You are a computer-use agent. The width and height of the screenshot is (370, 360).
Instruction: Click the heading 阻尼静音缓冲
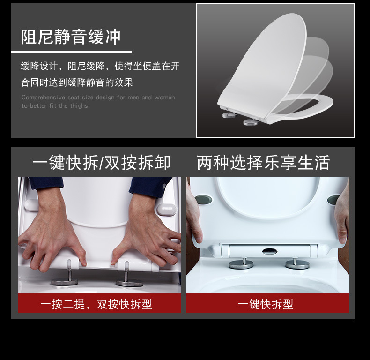tap(71, 37)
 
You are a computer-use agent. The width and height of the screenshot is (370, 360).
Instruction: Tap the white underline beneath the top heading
tap(71, 52)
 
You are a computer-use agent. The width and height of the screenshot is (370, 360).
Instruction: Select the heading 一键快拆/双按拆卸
tap(101, 163)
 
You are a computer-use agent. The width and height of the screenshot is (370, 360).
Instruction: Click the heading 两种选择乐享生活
tap(263, 163)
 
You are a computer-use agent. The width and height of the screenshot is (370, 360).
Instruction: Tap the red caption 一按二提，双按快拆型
tap(96, 304)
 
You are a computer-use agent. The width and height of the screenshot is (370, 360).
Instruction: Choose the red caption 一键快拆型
tap(265, 304)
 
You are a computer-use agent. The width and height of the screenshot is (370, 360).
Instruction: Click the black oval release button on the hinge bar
tap(269, 251)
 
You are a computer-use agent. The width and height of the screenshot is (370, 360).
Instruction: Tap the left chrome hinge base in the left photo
tap(64, 282)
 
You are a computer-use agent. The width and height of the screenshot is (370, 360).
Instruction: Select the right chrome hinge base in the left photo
tap(129, 283)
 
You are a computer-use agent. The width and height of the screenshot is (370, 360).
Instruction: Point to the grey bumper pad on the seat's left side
tap(203, 200)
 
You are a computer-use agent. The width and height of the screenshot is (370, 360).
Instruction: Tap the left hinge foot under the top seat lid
tap(229, 114)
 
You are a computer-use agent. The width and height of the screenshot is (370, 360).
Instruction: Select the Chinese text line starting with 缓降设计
tap(100, 66)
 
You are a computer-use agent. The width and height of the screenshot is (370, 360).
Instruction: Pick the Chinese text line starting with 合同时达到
tap(77, 82)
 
